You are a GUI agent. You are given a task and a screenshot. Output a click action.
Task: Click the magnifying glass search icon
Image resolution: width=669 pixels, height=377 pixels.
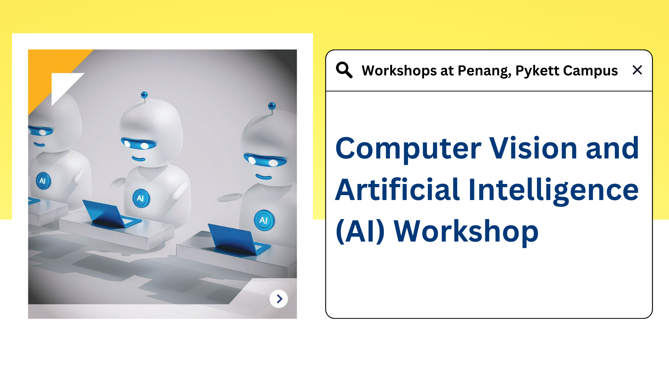click(x=344, y=70)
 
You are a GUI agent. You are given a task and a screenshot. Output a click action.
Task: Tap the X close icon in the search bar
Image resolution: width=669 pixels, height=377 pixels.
click(x=637, y=70)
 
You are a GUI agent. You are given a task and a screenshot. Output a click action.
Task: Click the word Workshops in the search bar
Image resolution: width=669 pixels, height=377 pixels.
click(x=399, y=71)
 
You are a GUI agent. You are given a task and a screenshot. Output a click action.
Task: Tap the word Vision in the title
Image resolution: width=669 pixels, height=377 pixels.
click(x=533, y=148)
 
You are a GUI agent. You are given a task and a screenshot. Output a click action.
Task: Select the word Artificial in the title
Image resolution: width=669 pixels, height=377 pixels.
click(x=398, y=190)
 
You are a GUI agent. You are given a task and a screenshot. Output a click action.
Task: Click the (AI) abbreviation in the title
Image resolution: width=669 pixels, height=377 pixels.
click(x=360, y=231)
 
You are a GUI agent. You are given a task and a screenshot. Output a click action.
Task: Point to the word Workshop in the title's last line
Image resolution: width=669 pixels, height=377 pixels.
click(x=466, y=231)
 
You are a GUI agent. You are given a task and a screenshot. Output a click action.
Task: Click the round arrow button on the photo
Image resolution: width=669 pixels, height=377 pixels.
click(x=279, y=299)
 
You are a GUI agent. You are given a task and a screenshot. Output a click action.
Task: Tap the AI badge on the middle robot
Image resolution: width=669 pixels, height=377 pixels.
click(x=141, y=198)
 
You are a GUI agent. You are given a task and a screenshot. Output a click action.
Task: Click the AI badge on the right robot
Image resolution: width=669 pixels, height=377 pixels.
click(x=264, y=220)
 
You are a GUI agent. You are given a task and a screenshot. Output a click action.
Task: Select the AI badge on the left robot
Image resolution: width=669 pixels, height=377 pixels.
click(x=43, y=181)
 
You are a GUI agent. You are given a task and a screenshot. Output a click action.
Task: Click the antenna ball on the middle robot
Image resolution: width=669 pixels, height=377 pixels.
click(x=144, y=95)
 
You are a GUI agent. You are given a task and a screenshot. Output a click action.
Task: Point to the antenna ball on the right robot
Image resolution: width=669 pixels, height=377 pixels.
click(x=272, y=105)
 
